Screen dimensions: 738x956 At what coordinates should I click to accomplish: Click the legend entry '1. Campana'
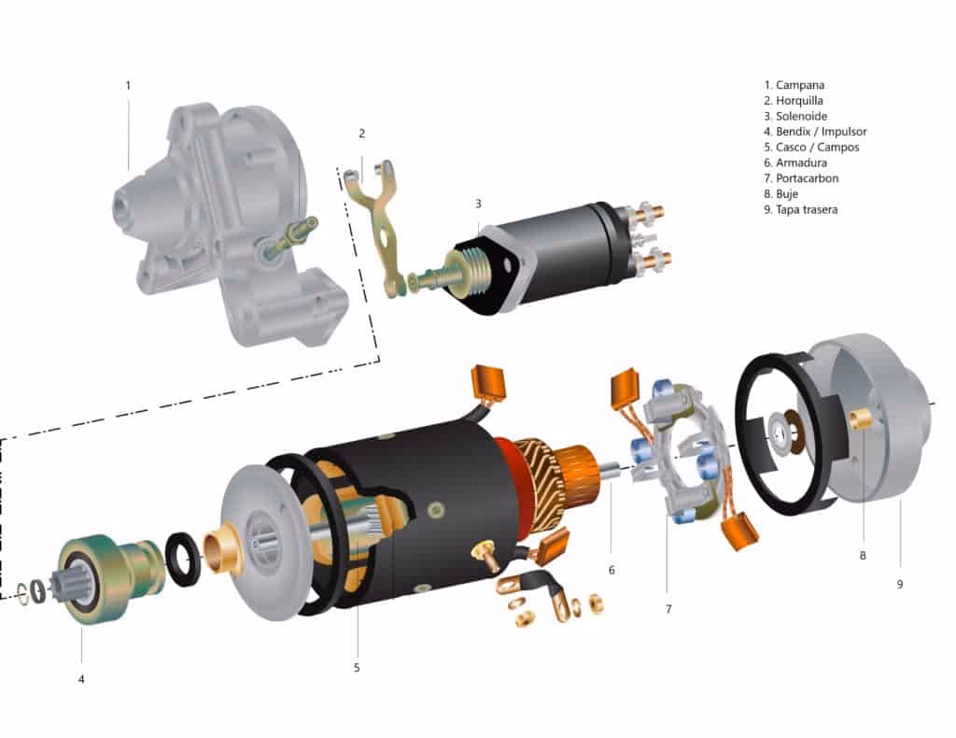pyautogui.click(x=802, y=85)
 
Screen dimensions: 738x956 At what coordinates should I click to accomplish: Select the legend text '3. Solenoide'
pyautogui.click(x=802, y=116)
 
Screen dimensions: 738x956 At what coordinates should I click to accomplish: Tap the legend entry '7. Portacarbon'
pyautogui.click(x=807, y=178)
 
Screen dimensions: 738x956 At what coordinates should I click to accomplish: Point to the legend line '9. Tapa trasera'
pyautogui.click(x=807, y=209)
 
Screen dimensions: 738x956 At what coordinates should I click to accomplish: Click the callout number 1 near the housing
pyautogui.click(x=128, y=85)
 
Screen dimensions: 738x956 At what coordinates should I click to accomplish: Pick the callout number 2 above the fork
pyautogui.click(x=361, y=134)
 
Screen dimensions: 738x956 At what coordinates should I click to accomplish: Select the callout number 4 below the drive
pyautogui.click(x=81, y=679)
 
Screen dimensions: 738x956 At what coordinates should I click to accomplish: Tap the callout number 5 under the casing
pyautogui.click(x=356, y=667)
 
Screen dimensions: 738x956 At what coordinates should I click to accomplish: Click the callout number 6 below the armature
pyautogui.click(x=611, y=570)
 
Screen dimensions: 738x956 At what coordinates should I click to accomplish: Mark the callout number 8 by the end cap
pyautogui.click(x=862, y=555)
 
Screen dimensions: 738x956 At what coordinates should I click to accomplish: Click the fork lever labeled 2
pyautogui.click(x=382, y=224)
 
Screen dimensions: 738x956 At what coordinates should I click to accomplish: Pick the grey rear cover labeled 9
pyautogui.click(x=878, y=439)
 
